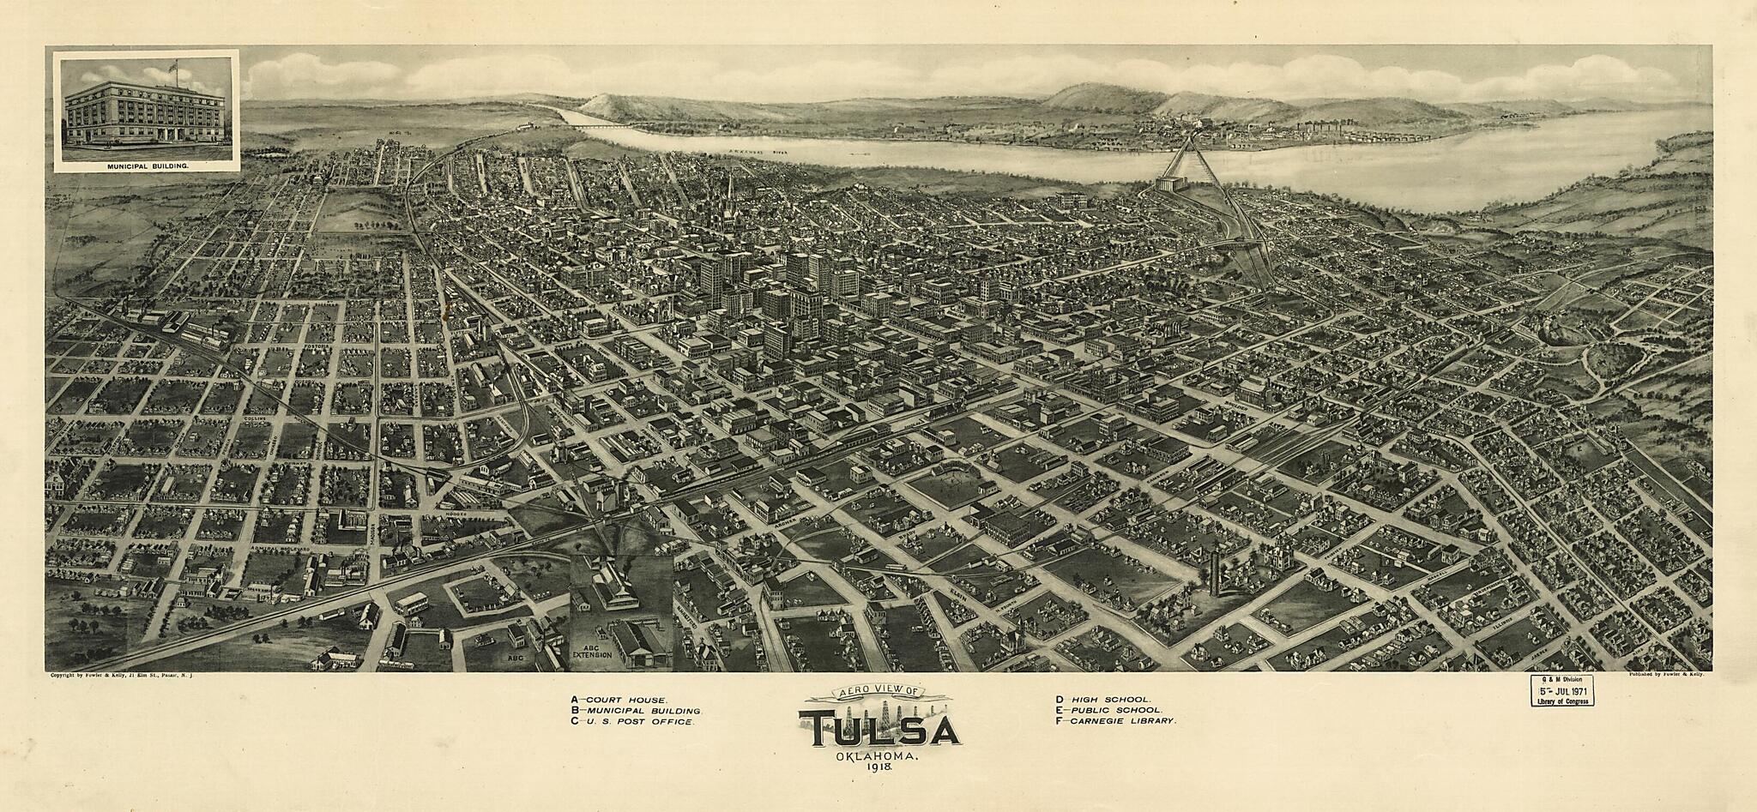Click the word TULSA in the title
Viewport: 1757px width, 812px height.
coord(878,730)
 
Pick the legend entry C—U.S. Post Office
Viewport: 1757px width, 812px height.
coord(631,722)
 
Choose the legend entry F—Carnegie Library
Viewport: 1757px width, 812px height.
coord(1115,721)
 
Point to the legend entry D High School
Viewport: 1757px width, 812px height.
coord(1103,700)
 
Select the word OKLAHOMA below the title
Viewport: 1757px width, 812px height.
coord(876,757)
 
